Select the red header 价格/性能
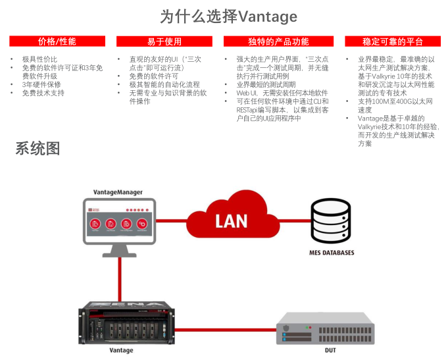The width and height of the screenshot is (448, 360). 57,41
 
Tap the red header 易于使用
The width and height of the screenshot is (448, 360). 164,41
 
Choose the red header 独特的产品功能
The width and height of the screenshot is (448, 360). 278,41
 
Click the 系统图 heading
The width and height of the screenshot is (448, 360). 38,149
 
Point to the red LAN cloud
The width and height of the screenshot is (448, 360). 232,219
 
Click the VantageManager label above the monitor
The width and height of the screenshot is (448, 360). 118,192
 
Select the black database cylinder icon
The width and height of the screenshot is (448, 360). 332,221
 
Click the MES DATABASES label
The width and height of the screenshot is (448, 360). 332,253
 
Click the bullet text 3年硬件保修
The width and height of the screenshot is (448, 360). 41,84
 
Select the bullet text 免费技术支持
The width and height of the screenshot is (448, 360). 43,93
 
